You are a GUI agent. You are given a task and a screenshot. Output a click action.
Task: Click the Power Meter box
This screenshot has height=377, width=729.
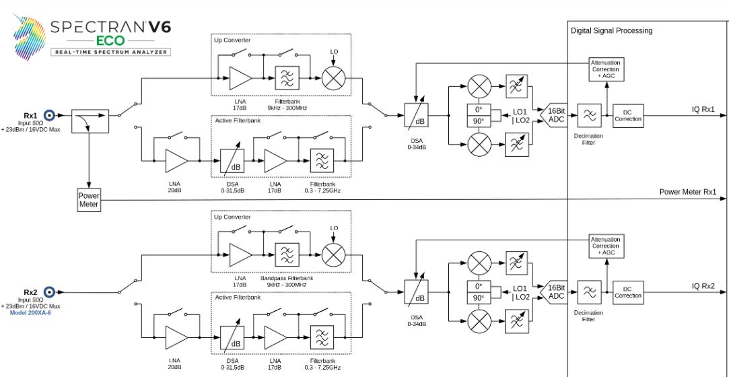89,201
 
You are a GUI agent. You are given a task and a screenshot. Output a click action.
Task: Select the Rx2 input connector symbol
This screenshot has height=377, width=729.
49,292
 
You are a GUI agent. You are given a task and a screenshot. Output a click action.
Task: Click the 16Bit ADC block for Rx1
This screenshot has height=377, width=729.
555,115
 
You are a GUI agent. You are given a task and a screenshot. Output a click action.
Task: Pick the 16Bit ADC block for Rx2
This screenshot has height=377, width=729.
555,292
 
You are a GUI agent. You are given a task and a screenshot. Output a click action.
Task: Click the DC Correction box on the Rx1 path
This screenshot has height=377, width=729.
628,115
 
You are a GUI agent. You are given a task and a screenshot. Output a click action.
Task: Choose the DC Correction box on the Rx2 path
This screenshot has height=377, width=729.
628,292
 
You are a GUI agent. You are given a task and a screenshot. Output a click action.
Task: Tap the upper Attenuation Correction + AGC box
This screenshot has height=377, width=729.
606,69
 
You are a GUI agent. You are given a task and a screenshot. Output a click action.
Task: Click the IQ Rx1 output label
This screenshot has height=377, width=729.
703,109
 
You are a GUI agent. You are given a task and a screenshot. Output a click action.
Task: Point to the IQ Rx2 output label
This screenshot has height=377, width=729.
703,285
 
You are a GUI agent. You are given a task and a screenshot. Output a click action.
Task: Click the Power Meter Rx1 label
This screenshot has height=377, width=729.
687,192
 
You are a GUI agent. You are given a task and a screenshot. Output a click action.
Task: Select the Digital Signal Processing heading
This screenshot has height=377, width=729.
611,30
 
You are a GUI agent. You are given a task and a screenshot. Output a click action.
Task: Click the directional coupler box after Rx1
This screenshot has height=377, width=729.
89,121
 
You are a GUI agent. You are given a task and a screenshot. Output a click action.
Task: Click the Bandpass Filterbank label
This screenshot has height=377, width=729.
286,278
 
